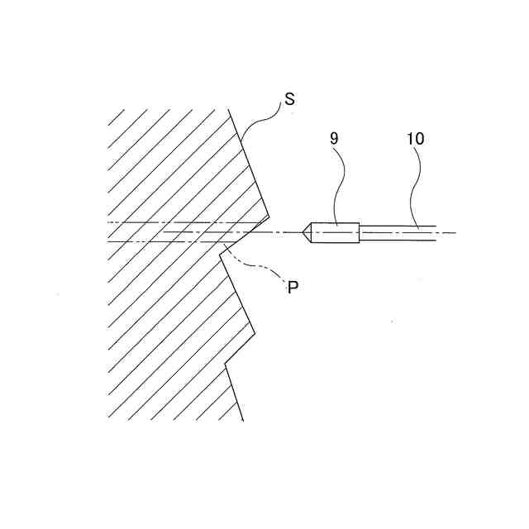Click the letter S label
289,99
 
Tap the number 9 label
334,138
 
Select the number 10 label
415,138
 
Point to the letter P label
291,288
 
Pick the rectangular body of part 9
337,233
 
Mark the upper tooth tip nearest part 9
269,218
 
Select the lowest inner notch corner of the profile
226,365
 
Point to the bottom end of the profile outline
243,421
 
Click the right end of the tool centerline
455,233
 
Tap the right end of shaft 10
436,233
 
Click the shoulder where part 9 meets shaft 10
360,233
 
